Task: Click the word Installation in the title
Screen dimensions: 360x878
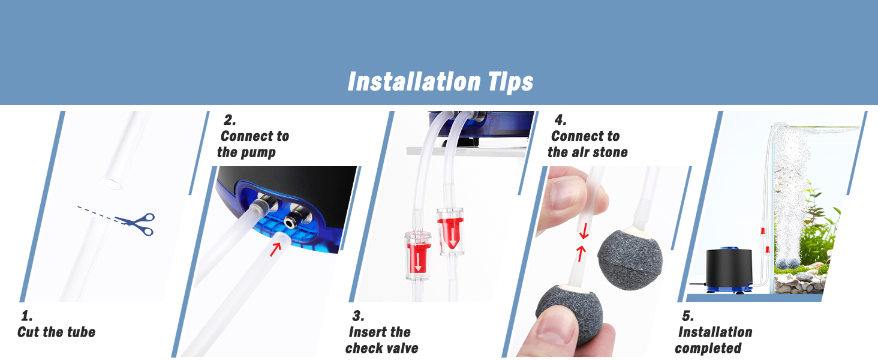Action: (x=414, y=82)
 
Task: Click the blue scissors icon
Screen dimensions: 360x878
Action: (x=137, y=224)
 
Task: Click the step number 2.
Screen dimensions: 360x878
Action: (x=228, y=120)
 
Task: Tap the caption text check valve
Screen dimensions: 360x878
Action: (x=381, y=348)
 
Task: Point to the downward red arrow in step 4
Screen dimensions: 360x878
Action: (x=584, y=230)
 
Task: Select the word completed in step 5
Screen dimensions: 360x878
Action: (x=708, y=348)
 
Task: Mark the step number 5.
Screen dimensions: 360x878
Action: (x=687, y=316)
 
